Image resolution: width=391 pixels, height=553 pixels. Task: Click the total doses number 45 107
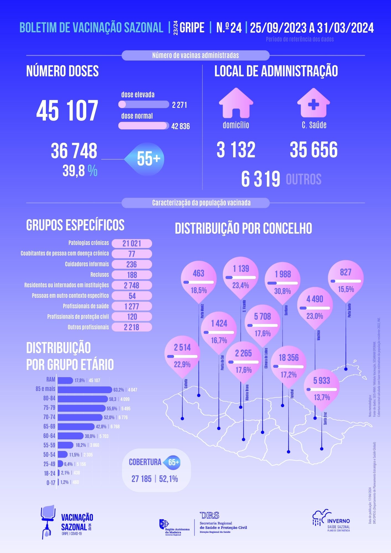pyautogui.click(x=67, y=111)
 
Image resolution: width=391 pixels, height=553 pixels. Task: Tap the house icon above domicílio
pyautogui.click(x=236, y=103)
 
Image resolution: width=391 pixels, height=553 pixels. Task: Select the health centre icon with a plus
pyautogui.click(x=313, y=103)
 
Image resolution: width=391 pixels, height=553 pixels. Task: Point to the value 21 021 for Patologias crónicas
pyautogui.click(x=132, y=244)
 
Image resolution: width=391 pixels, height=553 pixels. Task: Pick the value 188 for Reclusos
pyautogui.click(x=132, y=275)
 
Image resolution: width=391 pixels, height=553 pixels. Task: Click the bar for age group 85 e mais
pyautogui.click(x=85, y=390)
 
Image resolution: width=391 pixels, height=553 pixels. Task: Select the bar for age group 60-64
pyautogui.click(x=71, y=436)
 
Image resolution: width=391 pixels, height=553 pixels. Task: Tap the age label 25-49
pyautogui.click(x=49, y=464)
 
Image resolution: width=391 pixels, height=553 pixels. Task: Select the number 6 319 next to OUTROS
pyautogui.click(x=260, y=179)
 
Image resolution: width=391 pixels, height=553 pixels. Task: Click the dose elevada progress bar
pyautogui.click(x=144, y=105)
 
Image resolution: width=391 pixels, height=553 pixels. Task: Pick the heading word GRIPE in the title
pyautogui.click(x=192, y=28)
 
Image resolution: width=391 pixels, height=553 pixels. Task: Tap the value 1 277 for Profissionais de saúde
pyautogui.click(x=132, y=306)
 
